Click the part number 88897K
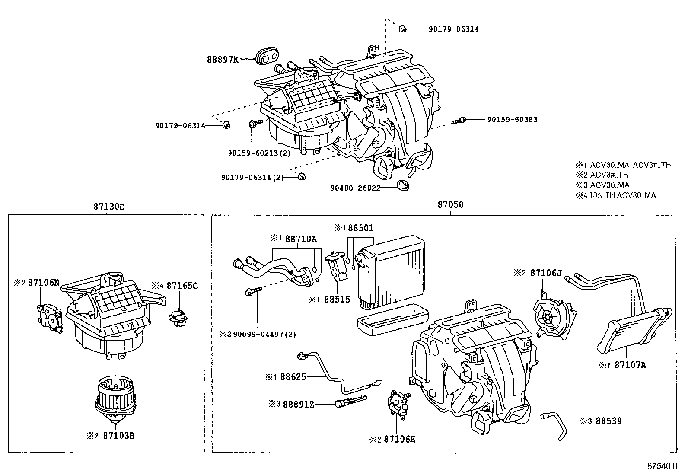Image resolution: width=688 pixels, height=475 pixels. click(222, 59)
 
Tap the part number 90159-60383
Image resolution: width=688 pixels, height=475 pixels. click(512, 120)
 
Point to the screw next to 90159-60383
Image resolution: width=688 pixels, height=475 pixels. click(459, 121)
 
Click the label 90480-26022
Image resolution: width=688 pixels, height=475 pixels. click(355, 188)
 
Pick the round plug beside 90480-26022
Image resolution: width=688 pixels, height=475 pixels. click(403, 186)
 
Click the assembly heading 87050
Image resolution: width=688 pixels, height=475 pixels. click(450, 205)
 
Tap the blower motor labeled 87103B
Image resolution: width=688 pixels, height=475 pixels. click(114, 398)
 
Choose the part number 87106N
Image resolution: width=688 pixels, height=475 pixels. click(43, 283)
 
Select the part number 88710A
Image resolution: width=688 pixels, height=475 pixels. click(301, 239)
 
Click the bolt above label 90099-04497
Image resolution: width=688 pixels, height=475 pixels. click(253, 290)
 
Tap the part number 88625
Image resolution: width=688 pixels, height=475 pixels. click(293, 377)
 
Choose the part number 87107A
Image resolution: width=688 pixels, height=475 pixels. click(630, 365)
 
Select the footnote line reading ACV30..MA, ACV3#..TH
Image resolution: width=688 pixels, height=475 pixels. click(623, 165)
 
